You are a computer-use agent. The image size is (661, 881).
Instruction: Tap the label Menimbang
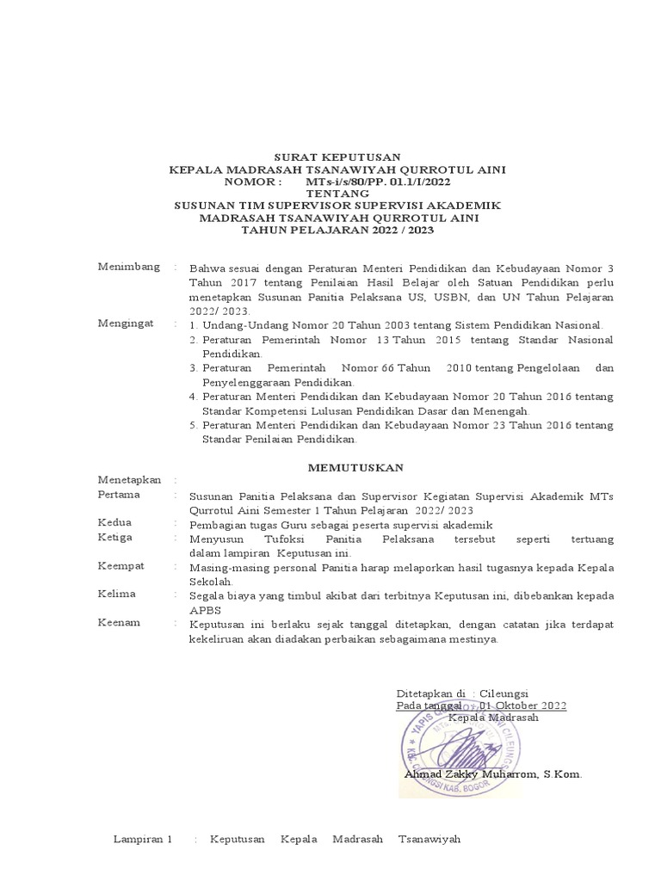click(x=129, y=268)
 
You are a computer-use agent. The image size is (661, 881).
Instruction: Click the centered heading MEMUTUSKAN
click(x=343, y=466)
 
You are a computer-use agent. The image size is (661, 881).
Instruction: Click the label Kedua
click(x=115, y=523)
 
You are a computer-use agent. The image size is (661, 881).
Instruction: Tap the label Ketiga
click(x=116, y=538)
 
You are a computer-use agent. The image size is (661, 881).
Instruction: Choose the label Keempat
click(x=121, y=567)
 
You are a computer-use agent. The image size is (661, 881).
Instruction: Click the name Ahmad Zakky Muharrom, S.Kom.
click(x=492, y=774)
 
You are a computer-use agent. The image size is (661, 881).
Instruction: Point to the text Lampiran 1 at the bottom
click(x=144, y=839)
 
